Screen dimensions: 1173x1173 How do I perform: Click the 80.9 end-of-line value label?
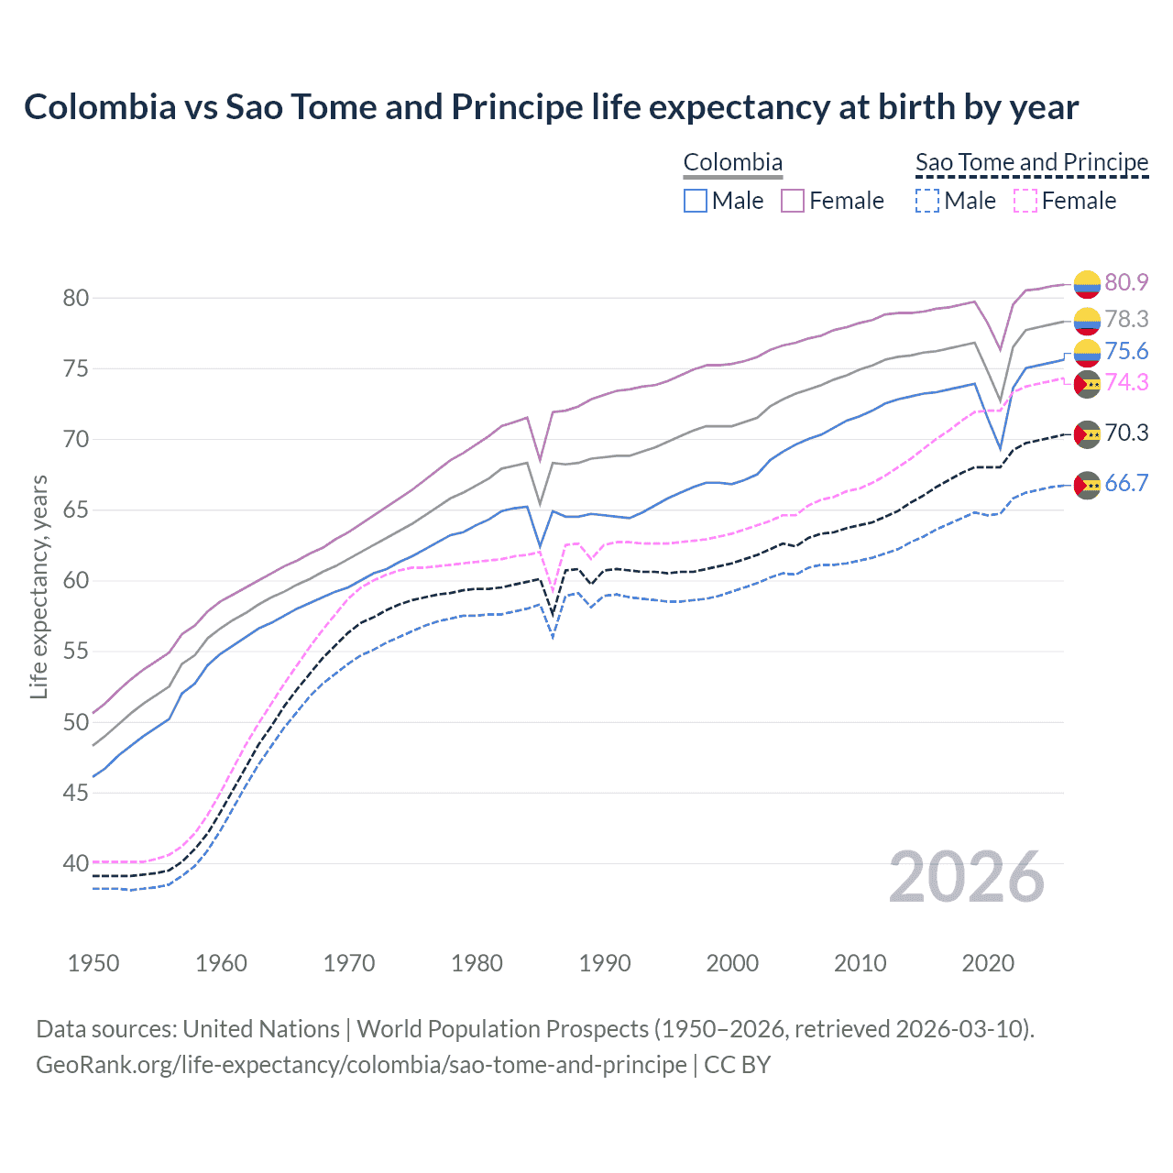coord(1126,283)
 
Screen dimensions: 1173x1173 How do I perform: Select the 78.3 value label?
coord(1126,319)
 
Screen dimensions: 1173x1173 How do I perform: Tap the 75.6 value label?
coord(1126,352)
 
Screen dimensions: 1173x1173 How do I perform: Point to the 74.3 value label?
coord(1126,383)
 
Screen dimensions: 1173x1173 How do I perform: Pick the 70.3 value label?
coord(1126,433)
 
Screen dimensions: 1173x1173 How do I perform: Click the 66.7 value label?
coord(1126,484)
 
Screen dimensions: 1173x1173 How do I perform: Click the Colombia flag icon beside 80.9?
coord(1087,284)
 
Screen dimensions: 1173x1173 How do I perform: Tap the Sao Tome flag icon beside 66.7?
coord(1087,485)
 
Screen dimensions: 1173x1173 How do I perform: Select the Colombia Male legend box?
coord(696,201)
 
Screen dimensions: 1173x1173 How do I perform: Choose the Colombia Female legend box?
coord(793,201)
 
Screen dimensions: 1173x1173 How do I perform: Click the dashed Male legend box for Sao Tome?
coord(927,201)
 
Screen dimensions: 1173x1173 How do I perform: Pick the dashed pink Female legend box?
coord(1025,201)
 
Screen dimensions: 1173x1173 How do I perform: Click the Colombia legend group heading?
coord(733,163)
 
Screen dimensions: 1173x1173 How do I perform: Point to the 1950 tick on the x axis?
coord(93,963)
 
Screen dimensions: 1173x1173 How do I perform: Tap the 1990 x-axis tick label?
coord(605,963)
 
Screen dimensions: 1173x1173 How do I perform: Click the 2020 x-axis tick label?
coord(988,963)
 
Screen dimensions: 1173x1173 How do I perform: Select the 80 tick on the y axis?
coord(75,298)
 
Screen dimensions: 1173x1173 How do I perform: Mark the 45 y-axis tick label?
coord(75,793)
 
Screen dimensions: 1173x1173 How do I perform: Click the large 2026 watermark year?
coord(967,877)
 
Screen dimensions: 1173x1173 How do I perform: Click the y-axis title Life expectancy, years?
coord(39,586)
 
